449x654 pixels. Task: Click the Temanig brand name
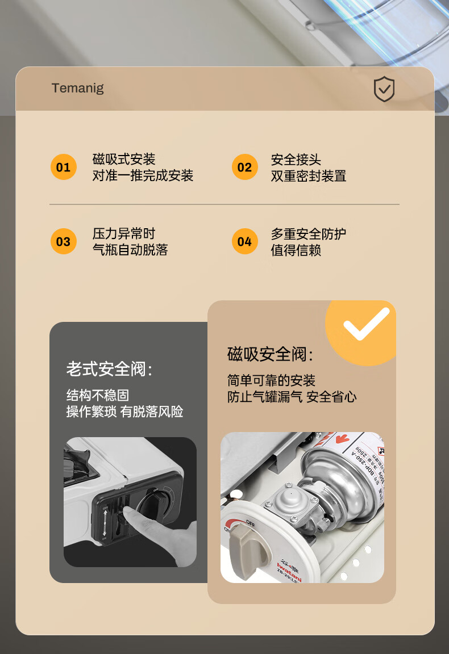[x=77, y=88]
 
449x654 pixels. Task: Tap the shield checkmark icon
[x=384, y=90]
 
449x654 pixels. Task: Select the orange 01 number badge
[x=63, y=167]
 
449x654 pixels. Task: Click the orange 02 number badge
[x=244, y=167]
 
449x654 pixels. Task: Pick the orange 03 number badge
[x=63, y=241]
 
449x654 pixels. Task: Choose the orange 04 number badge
[x=244, y=241]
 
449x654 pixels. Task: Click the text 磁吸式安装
[x=124, y=160]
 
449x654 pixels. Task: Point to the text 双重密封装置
[x=308, y=176]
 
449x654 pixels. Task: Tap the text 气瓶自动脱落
[x=130, y=250]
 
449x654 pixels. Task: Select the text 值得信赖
[x=296, y=250]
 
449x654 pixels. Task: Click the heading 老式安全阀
[x=109, y=369]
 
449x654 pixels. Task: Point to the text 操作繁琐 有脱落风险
[x=124, y=412]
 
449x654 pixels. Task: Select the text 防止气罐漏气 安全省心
[x=292, y=397]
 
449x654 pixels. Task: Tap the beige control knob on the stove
[x=251, y=543]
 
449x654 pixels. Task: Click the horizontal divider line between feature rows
[x=224, y=204]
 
